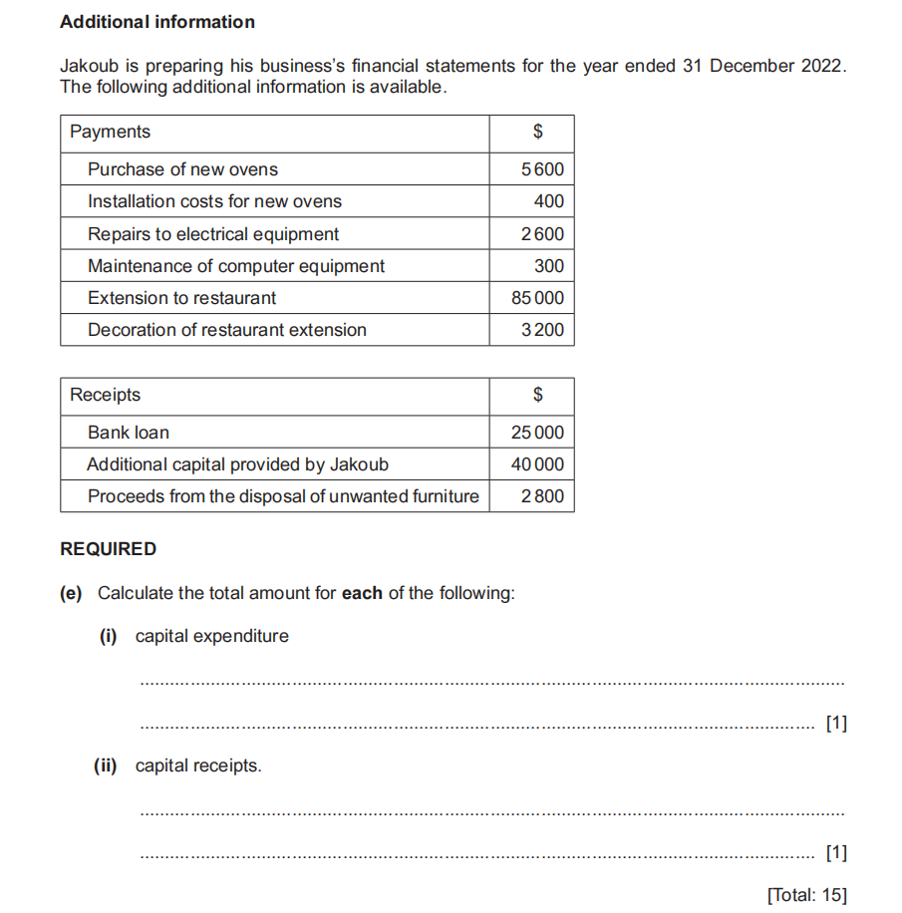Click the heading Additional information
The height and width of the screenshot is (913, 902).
(x=157, y=22)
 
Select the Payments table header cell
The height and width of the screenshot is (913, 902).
(x=110, y=132)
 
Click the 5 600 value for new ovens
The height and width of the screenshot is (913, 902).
(x=542, y=169)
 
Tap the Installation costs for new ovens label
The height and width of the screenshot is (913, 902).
(x=214, y=201)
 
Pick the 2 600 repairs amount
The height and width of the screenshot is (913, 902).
(x=542, y=234)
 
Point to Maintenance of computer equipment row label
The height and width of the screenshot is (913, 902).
(x=236, y=266)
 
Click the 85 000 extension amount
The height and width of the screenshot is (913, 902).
(x=537, y=298)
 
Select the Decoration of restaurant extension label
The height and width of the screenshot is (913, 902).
(x=227, y=330)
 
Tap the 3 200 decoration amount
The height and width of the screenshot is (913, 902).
(x=542, y=330)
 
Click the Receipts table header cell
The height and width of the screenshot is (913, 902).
(x=106, y=395)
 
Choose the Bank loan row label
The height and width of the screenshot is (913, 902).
(x=129, y=433)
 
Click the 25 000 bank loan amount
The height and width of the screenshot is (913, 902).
(x=537, y=433)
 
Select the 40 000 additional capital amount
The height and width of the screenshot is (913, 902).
(x=537, y=464)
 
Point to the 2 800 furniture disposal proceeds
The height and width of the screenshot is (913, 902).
(x=542, y=496)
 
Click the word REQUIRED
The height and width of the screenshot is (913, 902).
(x=109, y=549)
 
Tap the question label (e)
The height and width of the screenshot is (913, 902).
(x=71, y=593)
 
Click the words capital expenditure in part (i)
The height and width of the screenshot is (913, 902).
(x=212, y=636)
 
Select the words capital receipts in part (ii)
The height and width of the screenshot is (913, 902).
(x=198, y=765)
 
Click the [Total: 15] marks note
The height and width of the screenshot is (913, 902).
(x=806, y=895)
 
